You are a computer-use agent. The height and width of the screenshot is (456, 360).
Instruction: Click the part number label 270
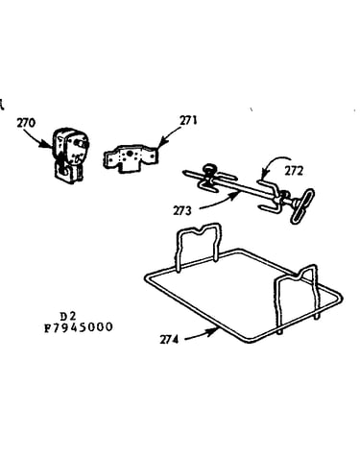(26, 123)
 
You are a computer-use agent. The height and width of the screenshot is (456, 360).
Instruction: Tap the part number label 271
(188, 121)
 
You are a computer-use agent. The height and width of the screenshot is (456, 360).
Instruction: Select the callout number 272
(294, 172)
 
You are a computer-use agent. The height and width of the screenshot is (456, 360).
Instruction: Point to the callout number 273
(182, 211)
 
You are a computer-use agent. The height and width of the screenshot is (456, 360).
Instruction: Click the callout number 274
(169, 340)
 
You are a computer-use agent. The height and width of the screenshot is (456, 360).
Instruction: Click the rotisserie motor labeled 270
(70, 155)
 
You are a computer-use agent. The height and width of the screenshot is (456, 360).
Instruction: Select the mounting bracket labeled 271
(131, 158)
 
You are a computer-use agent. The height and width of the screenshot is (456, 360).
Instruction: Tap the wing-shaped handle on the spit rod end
(302, 205)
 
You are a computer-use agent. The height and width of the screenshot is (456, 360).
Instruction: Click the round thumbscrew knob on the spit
(210, 169)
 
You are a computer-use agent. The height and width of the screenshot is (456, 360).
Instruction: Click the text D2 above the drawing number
(68, 317)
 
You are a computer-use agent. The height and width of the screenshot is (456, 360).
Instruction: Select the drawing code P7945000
(79, 327)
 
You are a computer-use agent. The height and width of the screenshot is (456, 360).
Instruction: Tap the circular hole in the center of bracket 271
(130, 154)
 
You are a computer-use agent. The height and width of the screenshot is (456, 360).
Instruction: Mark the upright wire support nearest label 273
(198, 247)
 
